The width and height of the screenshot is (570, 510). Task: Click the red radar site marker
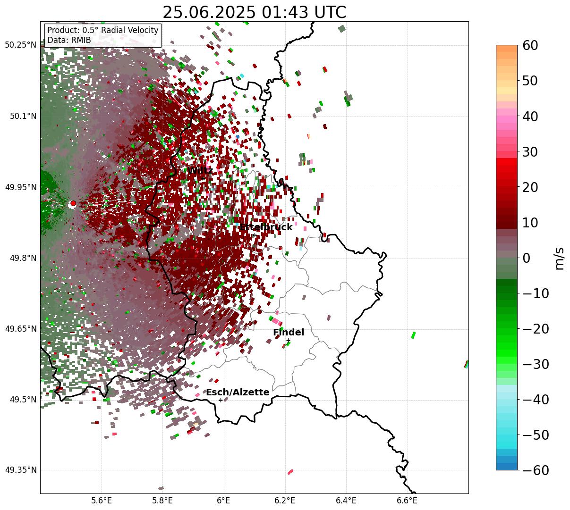click(73, 203)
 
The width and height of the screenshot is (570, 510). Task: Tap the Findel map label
click(289, 333)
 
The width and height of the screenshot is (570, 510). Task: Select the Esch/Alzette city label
click(238, 393)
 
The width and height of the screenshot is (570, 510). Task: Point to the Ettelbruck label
click(266, 227)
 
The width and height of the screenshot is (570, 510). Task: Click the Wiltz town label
click(200, 170)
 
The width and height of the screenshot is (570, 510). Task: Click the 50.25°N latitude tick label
click(21, 45)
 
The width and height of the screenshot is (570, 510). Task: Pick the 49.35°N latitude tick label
click(21, 470)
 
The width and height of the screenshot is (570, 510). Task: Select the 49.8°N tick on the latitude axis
click(22, 258)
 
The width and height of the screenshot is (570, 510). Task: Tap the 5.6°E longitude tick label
click(102, 501)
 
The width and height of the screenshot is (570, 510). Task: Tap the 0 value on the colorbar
click(526, 258)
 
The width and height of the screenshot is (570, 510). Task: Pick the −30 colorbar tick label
click(536, 364)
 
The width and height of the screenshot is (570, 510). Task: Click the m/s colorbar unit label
click(560, 258)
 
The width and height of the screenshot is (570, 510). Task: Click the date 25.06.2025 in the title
click(205, 12)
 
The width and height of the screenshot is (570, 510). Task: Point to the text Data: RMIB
click(69, 40)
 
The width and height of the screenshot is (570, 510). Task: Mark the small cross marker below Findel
click(288, 341)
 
